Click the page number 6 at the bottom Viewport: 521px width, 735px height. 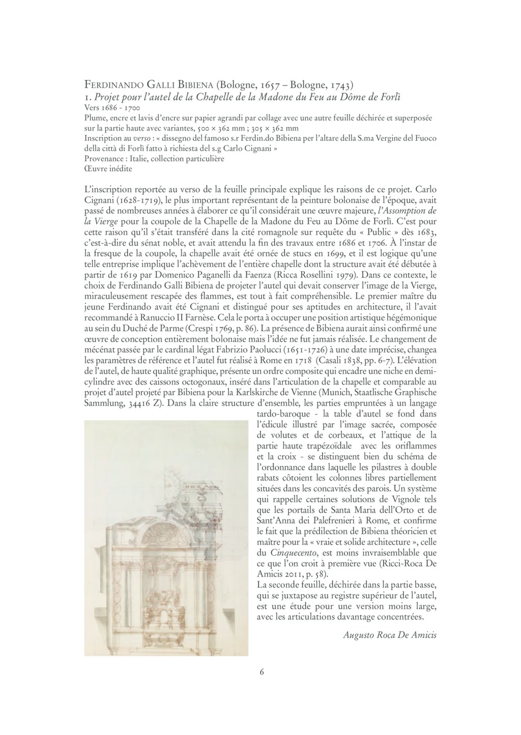(262, 671)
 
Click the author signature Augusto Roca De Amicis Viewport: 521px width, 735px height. (390, 635)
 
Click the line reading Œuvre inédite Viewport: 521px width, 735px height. (108, 169)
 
